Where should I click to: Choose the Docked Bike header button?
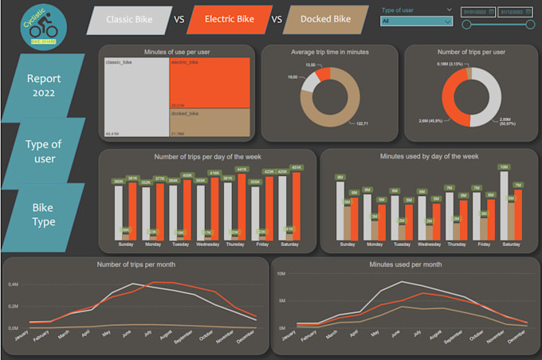pyautogui.click(x=327, y=19)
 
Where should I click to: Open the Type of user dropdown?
pyautogui.click(x=417, y=22)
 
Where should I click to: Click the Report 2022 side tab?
pyautogui.click(x=49, y=85)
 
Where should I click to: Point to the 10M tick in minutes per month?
pyautogui.click(x=281, y=273)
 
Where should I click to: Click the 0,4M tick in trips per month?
pyautogui.click(x=13, y=284)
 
